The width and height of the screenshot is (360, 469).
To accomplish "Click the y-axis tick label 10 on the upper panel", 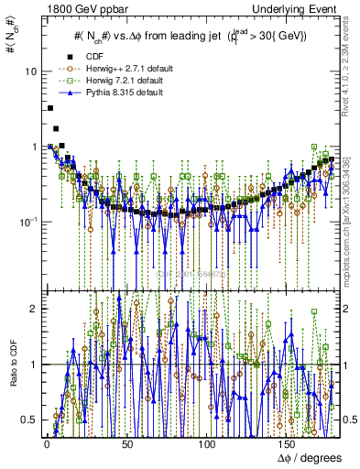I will (x=30, y=71).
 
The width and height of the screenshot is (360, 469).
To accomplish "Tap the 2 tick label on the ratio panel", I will (x=32, y=309).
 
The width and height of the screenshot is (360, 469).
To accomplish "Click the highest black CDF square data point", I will (x=49, y=108).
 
